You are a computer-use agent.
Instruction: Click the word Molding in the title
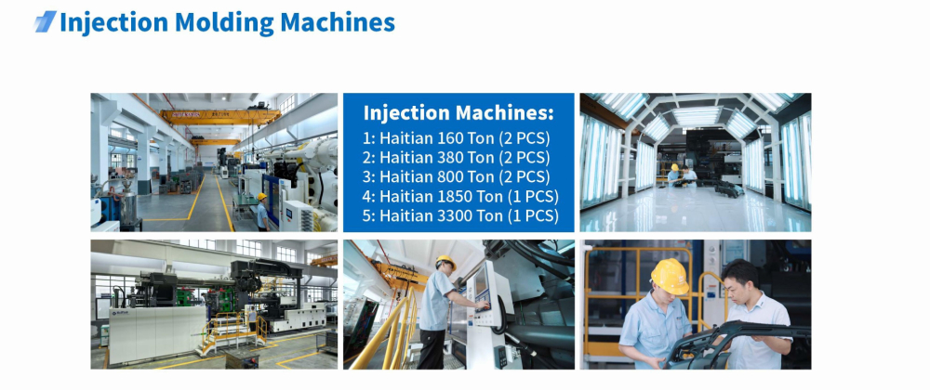click(224, 22)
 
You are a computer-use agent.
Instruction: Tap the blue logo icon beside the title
click(45, 21)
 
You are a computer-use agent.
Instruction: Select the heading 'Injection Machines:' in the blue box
click(458, 112)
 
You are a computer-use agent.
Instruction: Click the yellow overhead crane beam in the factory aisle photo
click(220, 116)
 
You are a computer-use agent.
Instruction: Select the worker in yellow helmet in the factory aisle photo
click(261, 212)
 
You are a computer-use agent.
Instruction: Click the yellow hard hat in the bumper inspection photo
click(670, 276)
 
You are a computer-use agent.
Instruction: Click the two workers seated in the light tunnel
click(681, 175)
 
